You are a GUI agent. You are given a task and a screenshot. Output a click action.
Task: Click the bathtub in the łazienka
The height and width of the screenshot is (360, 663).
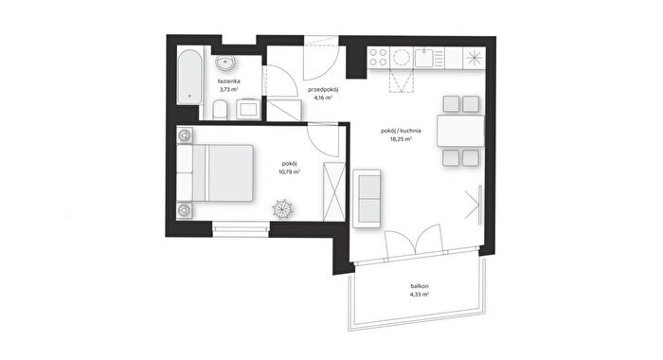coord(189,77)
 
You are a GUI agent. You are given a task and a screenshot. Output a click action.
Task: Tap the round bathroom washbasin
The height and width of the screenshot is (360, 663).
coord(225,63)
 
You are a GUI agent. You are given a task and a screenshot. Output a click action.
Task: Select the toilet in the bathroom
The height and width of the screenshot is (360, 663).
coord(220,110)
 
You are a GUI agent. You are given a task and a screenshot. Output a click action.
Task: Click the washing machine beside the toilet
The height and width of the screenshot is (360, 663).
coord(248,109)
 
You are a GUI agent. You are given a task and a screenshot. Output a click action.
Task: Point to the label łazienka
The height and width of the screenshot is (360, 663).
coord(229,81)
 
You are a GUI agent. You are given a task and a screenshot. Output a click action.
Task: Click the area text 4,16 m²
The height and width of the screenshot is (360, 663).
coord(323,98)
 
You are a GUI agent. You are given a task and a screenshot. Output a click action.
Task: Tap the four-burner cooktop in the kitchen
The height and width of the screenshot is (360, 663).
coord(378,57)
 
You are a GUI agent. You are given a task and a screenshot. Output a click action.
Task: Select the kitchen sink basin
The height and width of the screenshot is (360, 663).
coord(423,58)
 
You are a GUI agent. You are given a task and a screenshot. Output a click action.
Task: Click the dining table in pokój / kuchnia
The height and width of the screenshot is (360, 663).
coord(460,131)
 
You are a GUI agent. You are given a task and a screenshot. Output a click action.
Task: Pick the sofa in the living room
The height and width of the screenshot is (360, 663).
coord(367,198)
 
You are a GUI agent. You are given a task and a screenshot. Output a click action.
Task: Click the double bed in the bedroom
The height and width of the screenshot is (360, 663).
coord(215,173)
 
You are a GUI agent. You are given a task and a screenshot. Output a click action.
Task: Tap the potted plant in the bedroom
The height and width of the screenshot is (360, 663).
coord(282,208)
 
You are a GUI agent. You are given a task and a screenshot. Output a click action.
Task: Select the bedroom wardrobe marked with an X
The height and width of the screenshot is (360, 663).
coord(334,191)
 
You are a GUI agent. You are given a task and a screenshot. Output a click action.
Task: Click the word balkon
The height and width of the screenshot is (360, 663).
coord(419,286)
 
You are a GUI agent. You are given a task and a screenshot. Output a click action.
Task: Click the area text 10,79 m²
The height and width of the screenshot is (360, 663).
coord(290,172)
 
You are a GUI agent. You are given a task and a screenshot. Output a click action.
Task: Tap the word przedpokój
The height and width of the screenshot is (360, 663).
coord(324,90)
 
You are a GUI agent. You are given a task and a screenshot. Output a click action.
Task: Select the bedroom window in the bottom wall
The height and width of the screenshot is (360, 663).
coord(241,229)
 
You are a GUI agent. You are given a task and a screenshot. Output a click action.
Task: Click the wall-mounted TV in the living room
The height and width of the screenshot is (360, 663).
coord(480,205)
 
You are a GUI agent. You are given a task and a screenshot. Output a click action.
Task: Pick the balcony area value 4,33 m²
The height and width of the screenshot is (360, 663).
coord(420,295)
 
